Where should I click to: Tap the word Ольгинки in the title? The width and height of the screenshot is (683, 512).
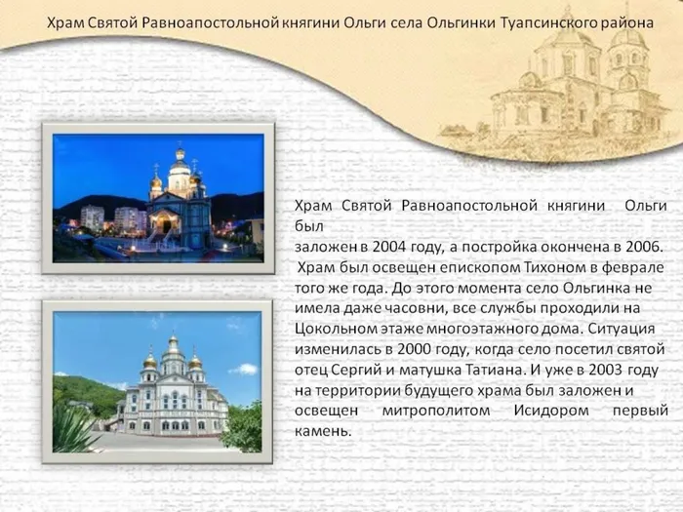461,22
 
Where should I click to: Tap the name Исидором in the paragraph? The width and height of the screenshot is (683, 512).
551,411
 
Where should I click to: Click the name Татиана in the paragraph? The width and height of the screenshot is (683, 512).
494,370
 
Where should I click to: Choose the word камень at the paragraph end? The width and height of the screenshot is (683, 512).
323,431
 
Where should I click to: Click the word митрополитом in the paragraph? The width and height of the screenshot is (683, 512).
436,411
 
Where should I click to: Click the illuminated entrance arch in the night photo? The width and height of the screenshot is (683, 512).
164,220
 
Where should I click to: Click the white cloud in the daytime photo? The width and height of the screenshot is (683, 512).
244,370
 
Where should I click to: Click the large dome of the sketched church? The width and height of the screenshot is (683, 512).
569,37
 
